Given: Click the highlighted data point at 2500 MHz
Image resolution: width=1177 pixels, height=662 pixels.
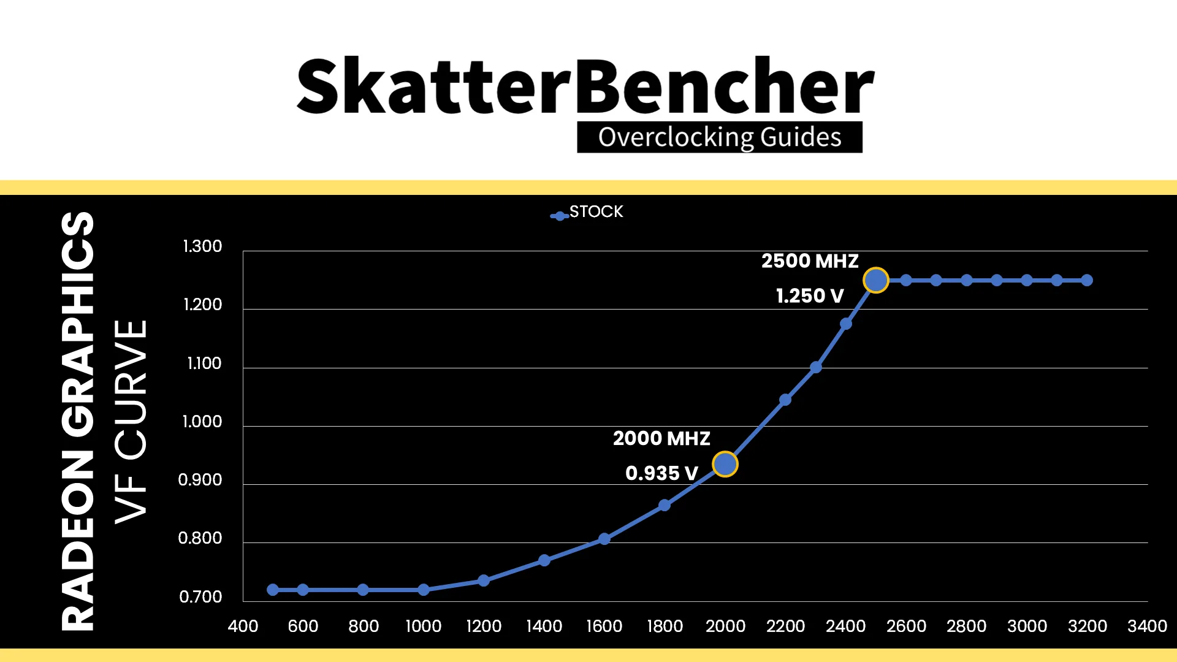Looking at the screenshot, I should [x=875, y=280].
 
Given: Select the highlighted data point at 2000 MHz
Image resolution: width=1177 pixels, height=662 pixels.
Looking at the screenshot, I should [x=725, y=464].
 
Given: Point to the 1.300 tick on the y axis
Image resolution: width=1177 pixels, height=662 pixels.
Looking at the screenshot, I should [x=202, y=246].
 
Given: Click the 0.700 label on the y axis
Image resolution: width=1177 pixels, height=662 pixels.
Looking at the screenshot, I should [x=200, y=596].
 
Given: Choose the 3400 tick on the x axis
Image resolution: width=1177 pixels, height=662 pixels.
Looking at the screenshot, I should [x=1147, y=626].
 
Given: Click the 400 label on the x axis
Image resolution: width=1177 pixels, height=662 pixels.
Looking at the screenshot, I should [x=243, y=626].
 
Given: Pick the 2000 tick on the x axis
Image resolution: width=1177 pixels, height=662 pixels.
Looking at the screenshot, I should [x=725, y=626].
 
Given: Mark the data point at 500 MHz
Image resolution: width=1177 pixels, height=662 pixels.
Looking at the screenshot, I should [x=273, y=590].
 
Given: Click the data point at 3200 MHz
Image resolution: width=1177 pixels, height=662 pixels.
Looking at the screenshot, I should [x=1087, y=280].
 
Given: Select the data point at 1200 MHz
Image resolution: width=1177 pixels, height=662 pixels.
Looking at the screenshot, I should [x=484, y=580].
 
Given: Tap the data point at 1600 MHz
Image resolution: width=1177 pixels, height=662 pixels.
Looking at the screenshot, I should [x=604, y=539].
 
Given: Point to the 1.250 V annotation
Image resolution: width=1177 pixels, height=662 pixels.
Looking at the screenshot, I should [x=810, y=296].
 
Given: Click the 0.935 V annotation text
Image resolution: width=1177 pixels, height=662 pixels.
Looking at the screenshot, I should [x=661, y=473].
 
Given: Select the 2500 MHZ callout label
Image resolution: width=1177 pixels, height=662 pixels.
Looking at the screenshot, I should [x=810, y=261].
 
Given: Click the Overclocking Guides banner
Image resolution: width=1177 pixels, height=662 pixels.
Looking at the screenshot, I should [x=720, y=137].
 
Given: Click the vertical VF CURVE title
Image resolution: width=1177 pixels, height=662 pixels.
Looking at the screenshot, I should [x=131, y=422].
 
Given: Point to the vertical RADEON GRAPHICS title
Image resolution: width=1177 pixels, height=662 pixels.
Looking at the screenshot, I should [x=78, y=422].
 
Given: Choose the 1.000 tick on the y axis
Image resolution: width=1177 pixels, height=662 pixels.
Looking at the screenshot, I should [x=202, y=422].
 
